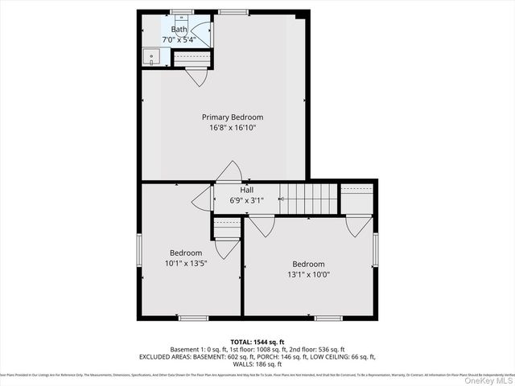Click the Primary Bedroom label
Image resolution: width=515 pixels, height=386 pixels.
[x=232, y=117]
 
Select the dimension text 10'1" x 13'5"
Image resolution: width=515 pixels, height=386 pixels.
[x=185, y=263]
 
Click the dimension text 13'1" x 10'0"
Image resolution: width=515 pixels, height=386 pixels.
[x=308, y=275]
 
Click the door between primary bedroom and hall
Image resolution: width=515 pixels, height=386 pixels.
[x=229, y=171]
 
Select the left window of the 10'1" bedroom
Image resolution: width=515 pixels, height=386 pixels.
[x=138, y=251]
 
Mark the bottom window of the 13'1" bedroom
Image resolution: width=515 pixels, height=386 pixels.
[x=328, y=318]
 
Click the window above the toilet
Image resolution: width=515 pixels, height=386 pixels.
[x=182, y=11]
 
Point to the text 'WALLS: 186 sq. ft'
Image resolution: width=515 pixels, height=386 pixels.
[x=257, y=364]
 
